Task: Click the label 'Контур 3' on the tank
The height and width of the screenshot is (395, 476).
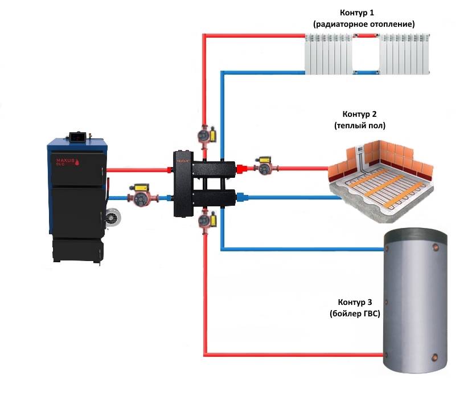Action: tap(354, 302)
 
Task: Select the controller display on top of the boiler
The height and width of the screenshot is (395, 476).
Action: tap(76, 136)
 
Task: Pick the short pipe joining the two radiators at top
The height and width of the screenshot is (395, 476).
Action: tap(367, 36)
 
